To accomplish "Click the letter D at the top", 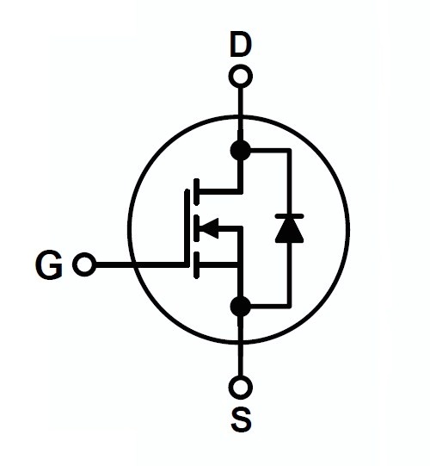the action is (x=241, y=45).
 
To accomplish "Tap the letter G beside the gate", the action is (x=49, y=264).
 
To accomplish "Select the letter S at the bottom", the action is (x=242, y=419).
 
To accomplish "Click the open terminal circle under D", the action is (x=241, y=77).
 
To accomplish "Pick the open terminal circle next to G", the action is (x=84, y=264).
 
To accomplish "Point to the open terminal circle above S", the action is (x=241, y=388).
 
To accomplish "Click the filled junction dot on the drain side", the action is (x=241, y=150).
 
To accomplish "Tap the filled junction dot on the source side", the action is (x=241, y=307).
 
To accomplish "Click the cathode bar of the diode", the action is (x=289, y=216).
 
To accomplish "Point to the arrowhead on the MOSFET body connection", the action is (x=209, y=228).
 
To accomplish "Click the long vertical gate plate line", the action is (x=187, y=227).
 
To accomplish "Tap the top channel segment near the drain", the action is (x=196, y=192).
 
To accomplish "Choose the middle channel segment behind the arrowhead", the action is (x=196, y=228).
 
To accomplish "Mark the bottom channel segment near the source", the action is (x=196, y=265).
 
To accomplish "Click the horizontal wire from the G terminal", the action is (x=140, y=264).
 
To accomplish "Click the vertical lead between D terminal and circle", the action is (x=241, y=102).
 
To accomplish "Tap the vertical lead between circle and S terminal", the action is (x=241, y=359).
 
